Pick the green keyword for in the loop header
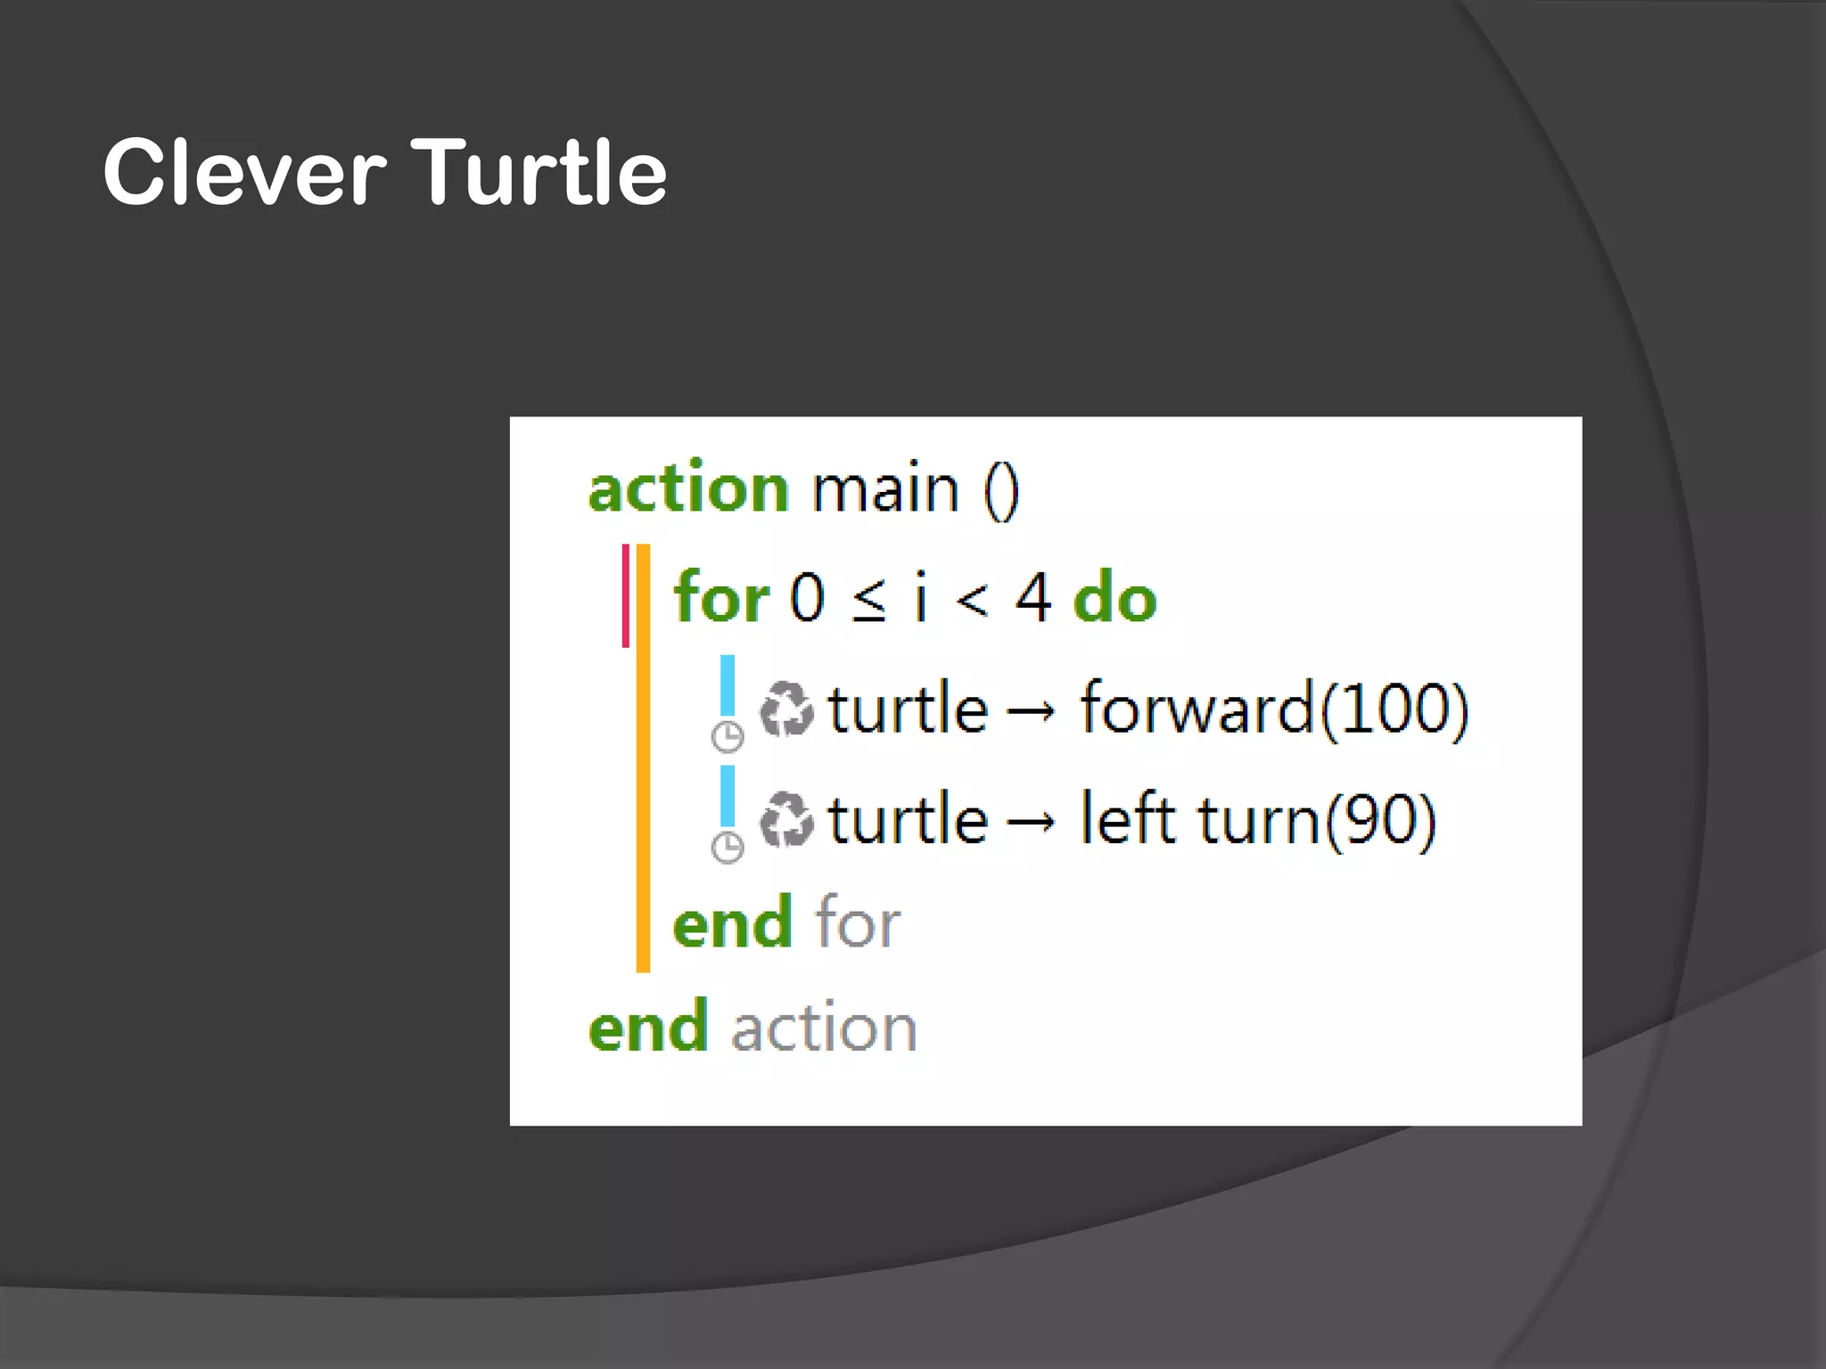click(720, 597)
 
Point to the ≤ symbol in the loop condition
click(869, 600)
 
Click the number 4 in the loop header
click(1033, 598)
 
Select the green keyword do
click(1115, 598)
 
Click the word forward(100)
click(1274, 709)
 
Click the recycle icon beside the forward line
click(786, 709)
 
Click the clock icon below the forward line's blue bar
click(728, 737)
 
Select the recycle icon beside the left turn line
click(786, 819)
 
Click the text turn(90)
click(1317, 820)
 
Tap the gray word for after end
click(858, 922)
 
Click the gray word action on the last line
click(825, 1028)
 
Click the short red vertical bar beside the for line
click(626, 595)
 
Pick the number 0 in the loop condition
click(807, 598)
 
